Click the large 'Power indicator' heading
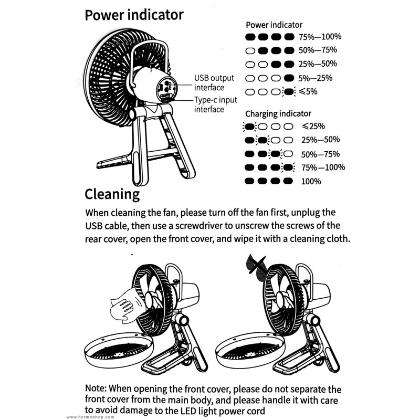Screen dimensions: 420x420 click(x=134, y=15)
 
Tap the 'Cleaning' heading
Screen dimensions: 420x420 click(x=112, y=194)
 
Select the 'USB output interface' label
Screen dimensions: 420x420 click(x=214, y=83)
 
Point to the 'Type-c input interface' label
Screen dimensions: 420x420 click(x=216, y=104)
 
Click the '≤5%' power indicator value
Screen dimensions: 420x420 click(x=308, y=91)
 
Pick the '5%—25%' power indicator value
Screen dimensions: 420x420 click(x=316, y=78)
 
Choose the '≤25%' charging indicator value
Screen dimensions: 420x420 click(x=313, y=126)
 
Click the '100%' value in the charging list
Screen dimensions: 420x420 click(x=311, y=181)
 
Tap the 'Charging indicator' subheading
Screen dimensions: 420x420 click(x=278, y=114)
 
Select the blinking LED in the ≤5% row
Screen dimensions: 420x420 click(x=289, y=92)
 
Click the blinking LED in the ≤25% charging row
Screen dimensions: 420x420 click(x=250, y=127)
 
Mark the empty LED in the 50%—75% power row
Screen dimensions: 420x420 click(x=250, y=50)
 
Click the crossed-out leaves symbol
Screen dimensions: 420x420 click(x=256, y=267)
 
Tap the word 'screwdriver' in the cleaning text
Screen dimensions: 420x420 click(x=199, y=226)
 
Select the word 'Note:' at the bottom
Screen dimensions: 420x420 click(x=96, y=388)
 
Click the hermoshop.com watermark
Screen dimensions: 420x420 click(x=90, y=417)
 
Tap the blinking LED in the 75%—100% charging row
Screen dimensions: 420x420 click(x=288, y=167)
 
